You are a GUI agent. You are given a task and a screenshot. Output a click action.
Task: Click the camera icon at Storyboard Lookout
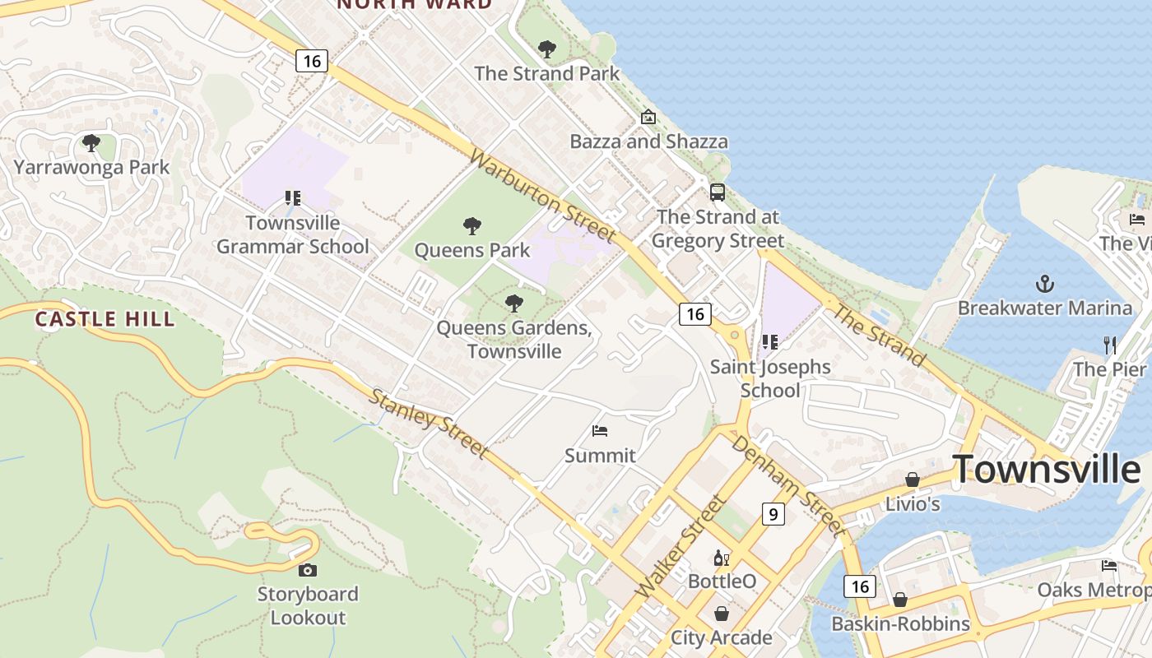[x=307, y=570]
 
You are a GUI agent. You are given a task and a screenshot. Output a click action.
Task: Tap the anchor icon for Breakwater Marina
[x=1044, y=285]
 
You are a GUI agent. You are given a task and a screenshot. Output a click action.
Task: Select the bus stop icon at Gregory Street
[x=718, y=192]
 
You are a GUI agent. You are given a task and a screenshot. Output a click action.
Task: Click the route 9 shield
[x=773, y=514]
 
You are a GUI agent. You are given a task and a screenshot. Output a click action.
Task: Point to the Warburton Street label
[x=542, y=197]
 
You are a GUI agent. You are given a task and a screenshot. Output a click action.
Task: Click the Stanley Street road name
[x=428, y=424]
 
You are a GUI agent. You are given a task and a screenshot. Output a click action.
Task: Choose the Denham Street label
[x=787, y=485]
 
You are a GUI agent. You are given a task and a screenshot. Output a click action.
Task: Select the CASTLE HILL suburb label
[x=105, y=319]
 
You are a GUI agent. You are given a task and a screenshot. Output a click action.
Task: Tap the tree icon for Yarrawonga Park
[x=91, y=144]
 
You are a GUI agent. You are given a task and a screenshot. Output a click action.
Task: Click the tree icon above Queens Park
[x=472, y=226]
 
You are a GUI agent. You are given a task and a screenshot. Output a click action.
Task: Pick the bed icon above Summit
[x=600, y=431]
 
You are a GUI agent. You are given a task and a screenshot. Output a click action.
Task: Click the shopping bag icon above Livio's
[x=913, y=480]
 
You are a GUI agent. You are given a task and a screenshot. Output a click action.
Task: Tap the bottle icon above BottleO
[x=722, y=558]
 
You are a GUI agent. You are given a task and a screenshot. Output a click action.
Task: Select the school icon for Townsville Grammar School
[x=292, y=198]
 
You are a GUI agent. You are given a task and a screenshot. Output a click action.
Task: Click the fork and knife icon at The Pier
[x=1110, y=345]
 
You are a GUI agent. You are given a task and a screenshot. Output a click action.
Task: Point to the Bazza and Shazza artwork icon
[x=648, y=117]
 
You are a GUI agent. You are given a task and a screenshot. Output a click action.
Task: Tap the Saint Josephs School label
[x=770, y=378]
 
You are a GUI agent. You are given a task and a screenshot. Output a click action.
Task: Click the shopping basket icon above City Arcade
[x=722, y=614]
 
